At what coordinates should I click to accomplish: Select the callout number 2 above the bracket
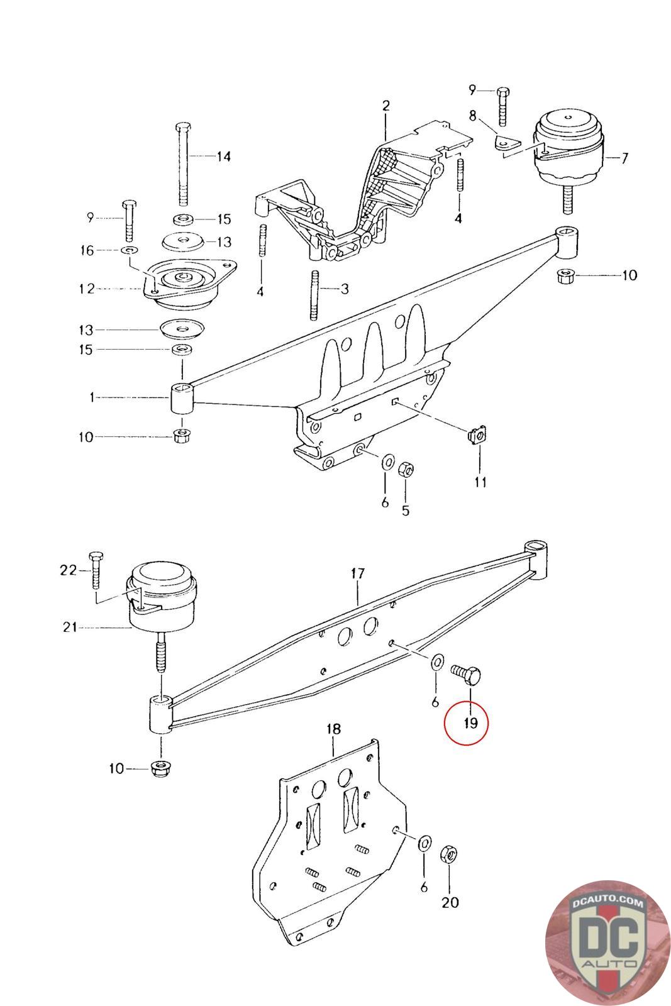pos(385,106)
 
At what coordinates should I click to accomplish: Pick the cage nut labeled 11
pos(478,434)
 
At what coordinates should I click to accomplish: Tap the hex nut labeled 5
pos(406,469)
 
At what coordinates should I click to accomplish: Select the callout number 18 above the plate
pos(333,729)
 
